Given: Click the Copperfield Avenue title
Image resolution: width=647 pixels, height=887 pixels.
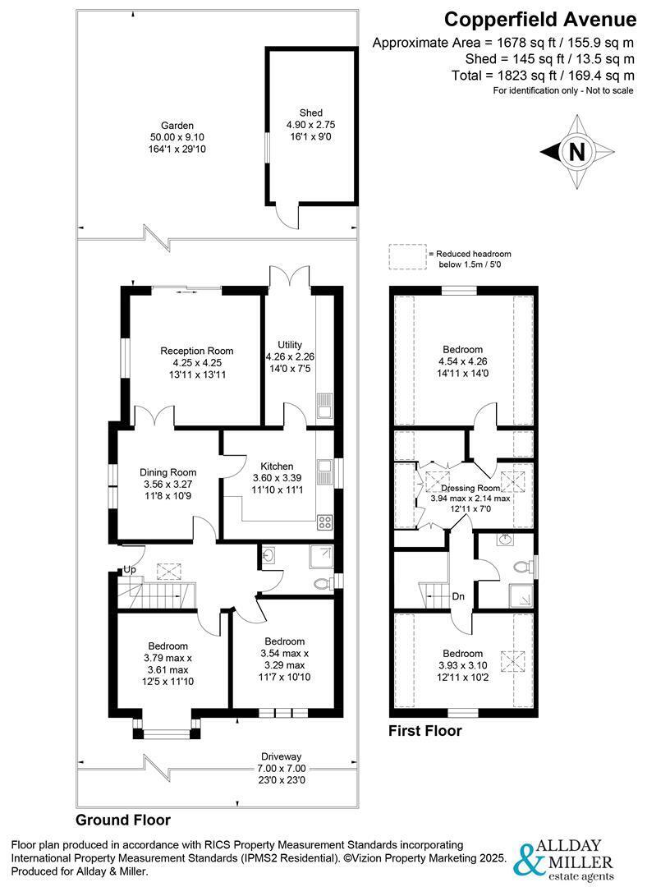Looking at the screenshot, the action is [x=540, y=20].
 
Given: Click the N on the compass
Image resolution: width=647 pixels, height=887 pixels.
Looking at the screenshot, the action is [x=576, y=152].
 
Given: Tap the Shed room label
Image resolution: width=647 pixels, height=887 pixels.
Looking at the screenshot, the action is [x=311, y=113].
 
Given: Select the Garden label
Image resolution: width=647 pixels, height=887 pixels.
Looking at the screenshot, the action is [x=177, y=126].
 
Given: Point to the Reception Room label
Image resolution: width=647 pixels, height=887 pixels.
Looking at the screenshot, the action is [x=197, y=351].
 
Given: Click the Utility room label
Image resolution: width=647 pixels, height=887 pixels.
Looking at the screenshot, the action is [x=290, y=344].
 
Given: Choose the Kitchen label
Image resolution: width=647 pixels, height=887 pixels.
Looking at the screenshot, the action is [x=278, y=466].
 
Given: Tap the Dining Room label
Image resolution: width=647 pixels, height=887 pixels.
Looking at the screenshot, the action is [x=168, y=472].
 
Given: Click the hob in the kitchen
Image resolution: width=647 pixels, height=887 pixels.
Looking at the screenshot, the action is [x=324, y=522].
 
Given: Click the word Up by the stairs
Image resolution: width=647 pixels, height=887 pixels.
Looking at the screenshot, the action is [x=130, y=570].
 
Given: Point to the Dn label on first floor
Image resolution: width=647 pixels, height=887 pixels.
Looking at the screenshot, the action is [x=458, y=596].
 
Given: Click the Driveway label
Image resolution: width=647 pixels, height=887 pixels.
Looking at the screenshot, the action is [x=281, y=756].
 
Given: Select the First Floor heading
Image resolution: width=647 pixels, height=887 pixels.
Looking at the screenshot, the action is [x=424, y=731].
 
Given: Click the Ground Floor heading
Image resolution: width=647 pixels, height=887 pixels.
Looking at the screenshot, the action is [x=123, y=820].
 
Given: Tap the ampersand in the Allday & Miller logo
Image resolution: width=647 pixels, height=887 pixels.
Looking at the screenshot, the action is [x=525, y=859].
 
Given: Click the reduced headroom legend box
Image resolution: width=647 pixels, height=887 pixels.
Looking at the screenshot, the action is [x=407, y=256].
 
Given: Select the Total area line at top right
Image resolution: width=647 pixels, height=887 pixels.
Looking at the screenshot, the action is [x=543, y=76].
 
